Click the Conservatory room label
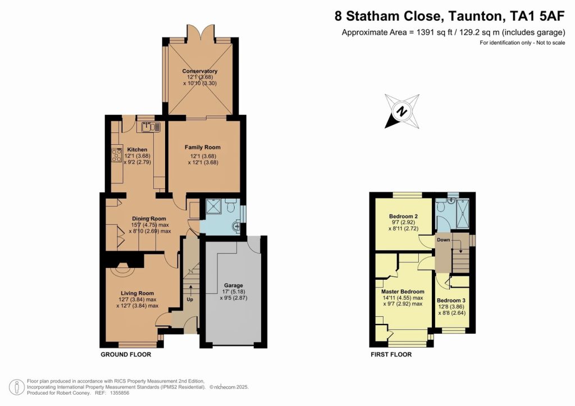(200, 71)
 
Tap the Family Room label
(202, 147)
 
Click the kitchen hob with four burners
(117, 154)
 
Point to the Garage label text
(234, 285)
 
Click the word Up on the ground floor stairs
(190, 299)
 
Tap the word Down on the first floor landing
(444, 240)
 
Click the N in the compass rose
(403, 111)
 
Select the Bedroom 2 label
(403, 216)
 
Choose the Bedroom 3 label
(451, 300)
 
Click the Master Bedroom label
(403, 292)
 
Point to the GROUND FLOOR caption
(126, 354)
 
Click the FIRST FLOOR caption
(391, 354)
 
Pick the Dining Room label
(149, 219)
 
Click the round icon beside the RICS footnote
(16, 387)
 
